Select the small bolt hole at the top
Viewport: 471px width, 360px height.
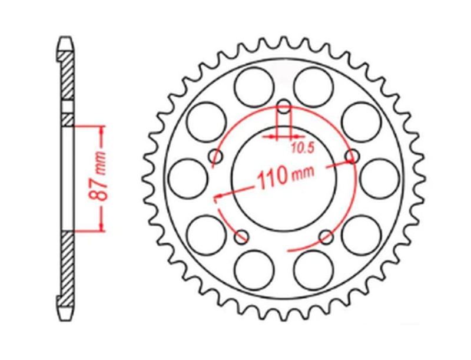[x=284, y=108]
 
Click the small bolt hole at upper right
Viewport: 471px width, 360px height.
[x=353, y=157]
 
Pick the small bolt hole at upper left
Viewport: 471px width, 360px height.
[x=216, y=157]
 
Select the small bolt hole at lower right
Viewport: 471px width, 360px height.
[x=326, y=237]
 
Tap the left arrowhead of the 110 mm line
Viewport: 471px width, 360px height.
[x=218, y=196]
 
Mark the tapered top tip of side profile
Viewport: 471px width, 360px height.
[x=66, y=42]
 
